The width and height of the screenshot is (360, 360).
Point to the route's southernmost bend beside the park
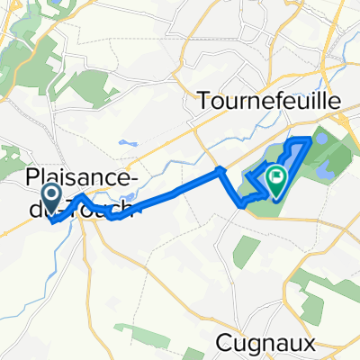[x=242, y=205]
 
